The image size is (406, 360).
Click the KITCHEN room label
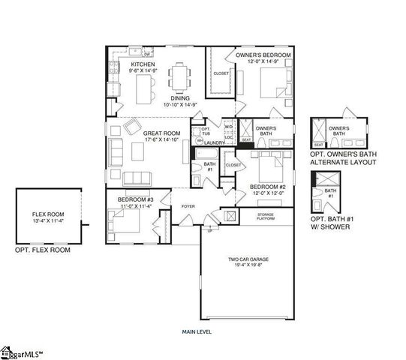(x=143, y=65)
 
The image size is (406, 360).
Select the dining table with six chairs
(x=180, y=76)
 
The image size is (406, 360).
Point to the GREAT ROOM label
(x=158, y=133)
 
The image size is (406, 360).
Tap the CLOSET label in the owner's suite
(x=221, y=73)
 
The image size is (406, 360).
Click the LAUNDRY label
(x=217, y=142)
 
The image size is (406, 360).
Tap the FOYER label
(x=188, y=205)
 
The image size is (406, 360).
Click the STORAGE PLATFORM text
(x=266, y=216)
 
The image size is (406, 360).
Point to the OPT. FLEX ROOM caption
(x=43, y=250)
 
